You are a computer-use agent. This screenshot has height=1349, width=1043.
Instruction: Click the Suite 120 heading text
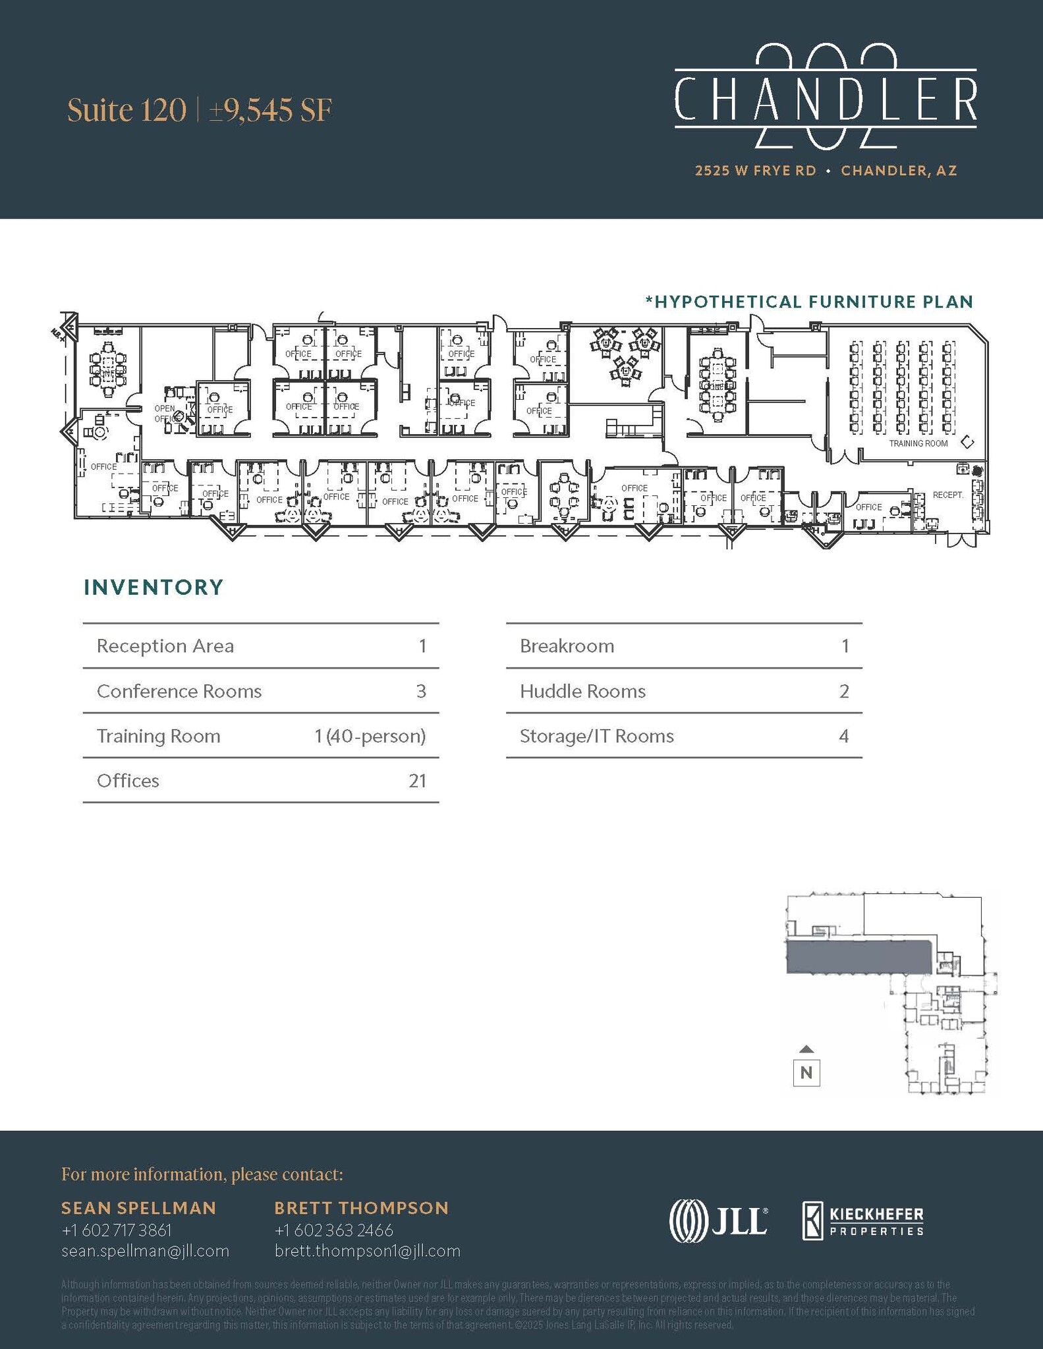coord(127,110)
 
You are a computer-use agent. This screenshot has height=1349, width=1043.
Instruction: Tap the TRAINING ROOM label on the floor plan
coord(918,443)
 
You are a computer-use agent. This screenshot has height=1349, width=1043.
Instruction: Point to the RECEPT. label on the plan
coord(947,495)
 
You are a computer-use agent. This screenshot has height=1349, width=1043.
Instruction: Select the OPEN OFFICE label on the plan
coord(165,414)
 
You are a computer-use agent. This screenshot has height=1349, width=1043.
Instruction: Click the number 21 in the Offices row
coord(417,781)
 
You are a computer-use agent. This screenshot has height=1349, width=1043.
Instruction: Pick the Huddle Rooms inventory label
coord(582,691)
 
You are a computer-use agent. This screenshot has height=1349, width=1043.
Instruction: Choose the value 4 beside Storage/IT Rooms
coord(843,736)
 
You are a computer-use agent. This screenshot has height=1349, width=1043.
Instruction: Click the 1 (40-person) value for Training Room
coord(370,736)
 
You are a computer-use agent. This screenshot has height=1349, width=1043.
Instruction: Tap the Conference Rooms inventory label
coord(179,691)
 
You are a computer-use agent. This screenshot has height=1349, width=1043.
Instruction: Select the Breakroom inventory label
coord(567,646)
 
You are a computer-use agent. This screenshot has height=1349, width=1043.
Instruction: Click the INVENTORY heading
coord(154,587)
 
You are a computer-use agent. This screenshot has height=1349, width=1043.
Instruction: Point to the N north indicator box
coord(806,1072)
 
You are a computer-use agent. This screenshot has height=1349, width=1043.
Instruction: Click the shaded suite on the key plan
coord(858,956)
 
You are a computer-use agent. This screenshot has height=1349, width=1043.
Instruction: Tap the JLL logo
coord(718,1221)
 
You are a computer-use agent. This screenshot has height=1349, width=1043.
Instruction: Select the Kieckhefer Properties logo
coord(862,1221)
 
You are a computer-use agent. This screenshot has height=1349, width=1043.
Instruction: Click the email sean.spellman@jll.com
coord(145,1251)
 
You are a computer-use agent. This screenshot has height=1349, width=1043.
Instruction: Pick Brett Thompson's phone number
coord(333,1230)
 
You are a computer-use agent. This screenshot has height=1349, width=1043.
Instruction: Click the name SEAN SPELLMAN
coord(138,1207)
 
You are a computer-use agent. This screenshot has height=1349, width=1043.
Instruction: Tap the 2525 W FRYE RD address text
coord(755,171)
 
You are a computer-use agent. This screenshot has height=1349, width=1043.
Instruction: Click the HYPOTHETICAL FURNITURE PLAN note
coord(809,302)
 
